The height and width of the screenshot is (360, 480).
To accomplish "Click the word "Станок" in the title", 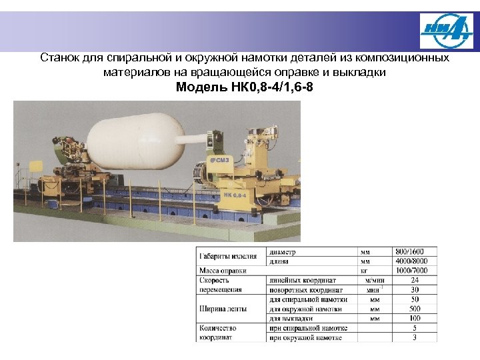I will [x=58, y=58].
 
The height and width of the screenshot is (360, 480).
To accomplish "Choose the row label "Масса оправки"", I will [x=223, y=271].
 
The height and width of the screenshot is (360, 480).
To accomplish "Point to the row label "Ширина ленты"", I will [x=222, y=309].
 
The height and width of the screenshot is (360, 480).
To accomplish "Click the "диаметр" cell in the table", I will [x=283, y=253].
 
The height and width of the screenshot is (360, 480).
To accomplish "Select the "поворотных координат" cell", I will [x=306, y=290].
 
